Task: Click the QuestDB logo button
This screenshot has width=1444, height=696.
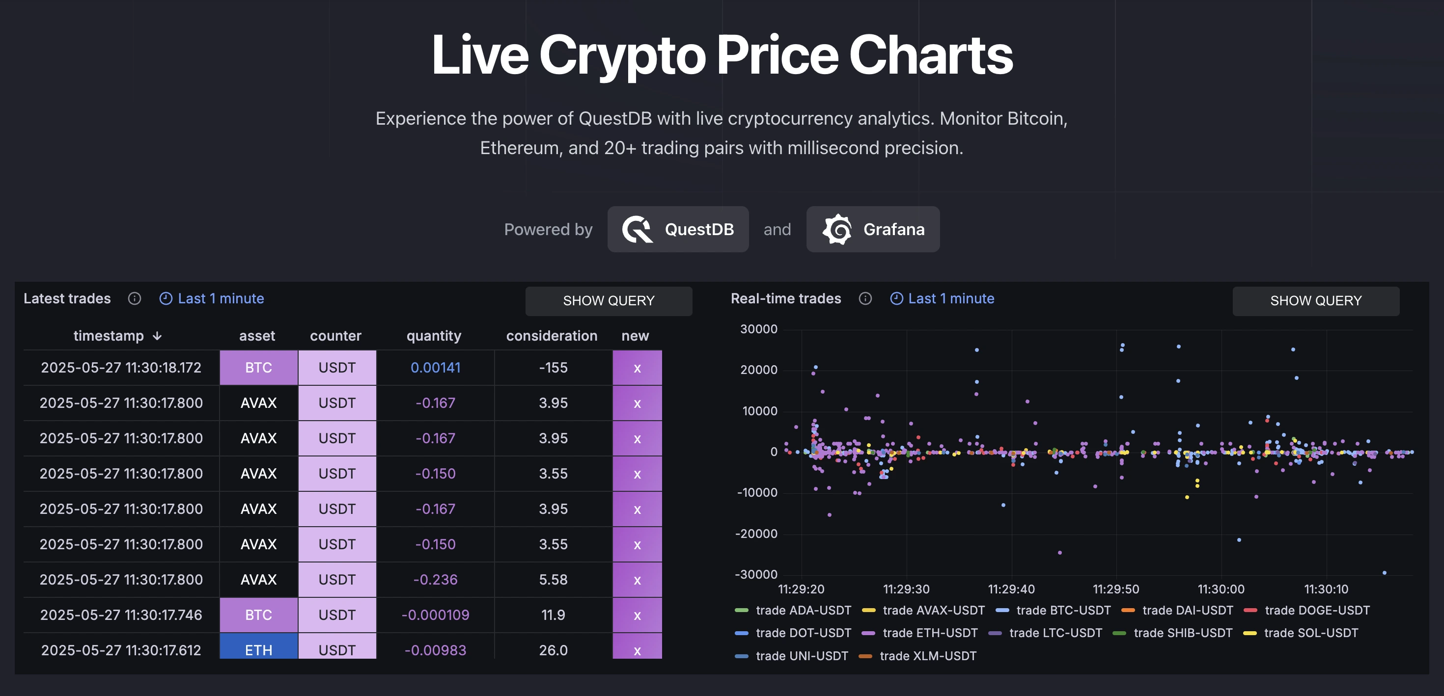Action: [x=678, y=229]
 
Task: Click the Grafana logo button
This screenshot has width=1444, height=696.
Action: [x=873, y=229]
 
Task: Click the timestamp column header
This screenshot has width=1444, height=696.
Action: [x=109, y=336]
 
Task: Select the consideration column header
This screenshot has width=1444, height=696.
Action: [x=552, y=336]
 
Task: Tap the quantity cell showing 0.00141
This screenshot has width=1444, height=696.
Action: [x=435, y=368]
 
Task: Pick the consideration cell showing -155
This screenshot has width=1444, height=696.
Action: [x=553, y=368]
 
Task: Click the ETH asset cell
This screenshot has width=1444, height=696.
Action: [x=258, y=649]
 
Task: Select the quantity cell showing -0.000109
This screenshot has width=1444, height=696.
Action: [x=435, y=615]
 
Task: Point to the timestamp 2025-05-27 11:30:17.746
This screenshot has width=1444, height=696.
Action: [x=121, y=615]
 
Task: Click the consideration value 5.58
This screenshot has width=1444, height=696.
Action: [x=553, y=580]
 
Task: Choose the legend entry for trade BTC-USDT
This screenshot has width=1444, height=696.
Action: [x=1063, y=610]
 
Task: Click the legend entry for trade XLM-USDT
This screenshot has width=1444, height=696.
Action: [x=927, y=656]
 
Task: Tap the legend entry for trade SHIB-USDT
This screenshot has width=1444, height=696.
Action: [x=1182, y=633]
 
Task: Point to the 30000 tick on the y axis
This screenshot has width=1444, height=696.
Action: [x=758, y=329]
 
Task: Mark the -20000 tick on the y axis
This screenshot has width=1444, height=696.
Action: [x=756, y=534]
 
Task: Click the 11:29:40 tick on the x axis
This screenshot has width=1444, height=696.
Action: [x=1011, y=589]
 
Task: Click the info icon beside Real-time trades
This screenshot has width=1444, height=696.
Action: [x=865, y=299]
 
